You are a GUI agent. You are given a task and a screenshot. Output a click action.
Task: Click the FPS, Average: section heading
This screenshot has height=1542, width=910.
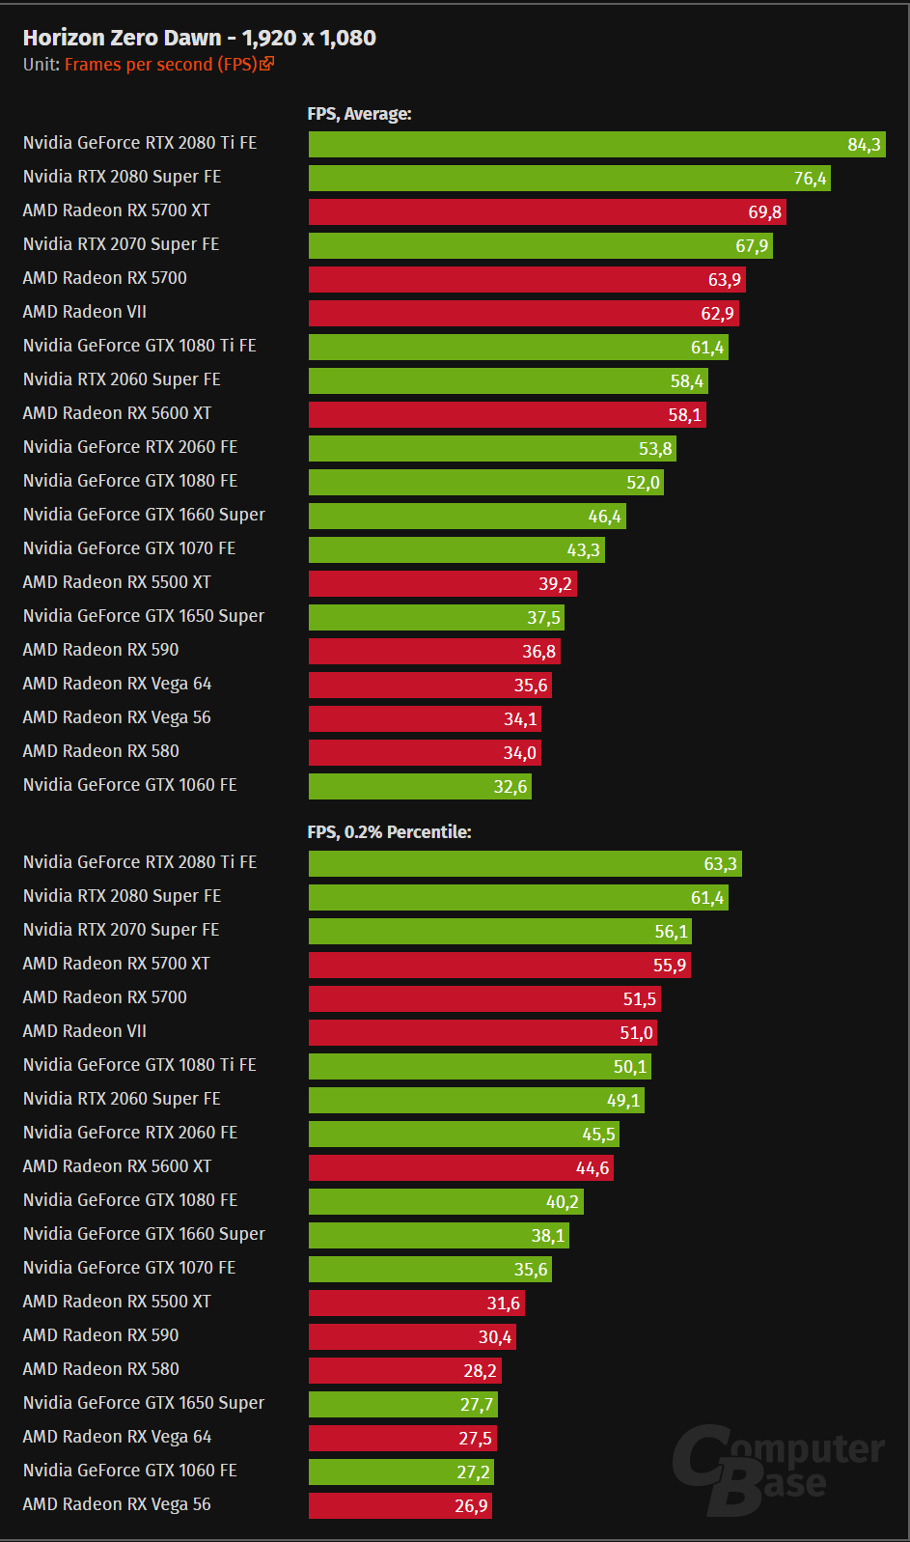point(359,114)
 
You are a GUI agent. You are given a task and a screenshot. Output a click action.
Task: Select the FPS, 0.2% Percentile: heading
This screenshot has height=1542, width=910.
point(389,832)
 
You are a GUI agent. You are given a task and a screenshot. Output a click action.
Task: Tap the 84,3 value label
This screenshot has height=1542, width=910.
point(864,145)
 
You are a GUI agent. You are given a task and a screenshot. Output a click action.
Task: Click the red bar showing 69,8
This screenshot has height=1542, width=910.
point(547,212)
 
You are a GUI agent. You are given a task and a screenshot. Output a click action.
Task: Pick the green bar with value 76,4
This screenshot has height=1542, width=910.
point(569,179)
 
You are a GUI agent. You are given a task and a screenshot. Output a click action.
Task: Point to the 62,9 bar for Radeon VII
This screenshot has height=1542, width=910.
point(523,314)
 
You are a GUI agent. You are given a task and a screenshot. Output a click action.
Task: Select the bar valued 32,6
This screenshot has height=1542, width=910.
point(420,787)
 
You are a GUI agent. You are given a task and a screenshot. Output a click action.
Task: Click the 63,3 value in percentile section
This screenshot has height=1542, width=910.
point(720,864)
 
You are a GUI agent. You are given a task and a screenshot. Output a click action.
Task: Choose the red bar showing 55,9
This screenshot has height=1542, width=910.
point(499,966)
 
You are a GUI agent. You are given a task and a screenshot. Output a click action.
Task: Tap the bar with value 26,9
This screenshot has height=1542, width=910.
point(400,1506)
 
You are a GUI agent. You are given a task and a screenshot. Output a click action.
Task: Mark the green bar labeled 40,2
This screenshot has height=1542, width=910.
point(446,1202)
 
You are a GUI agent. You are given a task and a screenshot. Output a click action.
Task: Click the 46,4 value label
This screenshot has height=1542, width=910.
point(605,517)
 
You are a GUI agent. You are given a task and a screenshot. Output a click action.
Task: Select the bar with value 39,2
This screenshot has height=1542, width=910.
point(442,584)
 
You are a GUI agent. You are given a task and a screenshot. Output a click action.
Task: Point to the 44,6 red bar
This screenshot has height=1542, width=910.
point(460,1168)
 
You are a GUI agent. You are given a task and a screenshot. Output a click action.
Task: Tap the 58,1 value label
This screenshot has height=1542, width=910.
point(685,415)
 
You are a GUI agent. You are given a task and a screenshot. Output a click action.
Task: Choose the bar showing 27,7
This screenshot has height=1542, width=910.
point(402,1405)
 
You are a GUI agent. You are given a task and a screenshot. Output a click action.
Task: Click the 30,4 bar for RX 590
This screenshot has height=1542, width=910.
point(412,1337)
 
